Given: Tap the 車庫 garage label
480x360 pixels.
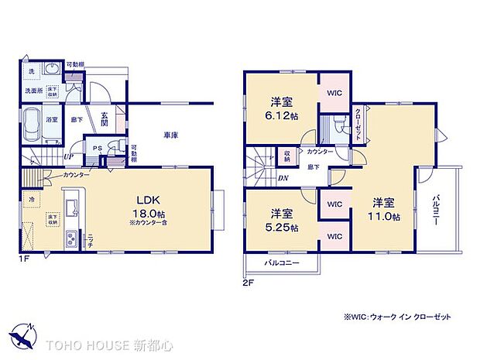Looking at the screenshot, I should point(171,135).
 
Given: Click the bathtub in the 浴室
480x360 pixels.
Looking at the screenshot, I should point(34,125).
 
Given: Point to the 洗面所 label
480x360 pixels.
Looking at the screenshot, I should point(30,91).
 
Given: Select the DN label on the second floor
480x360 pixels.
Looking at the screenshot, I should point(283,177).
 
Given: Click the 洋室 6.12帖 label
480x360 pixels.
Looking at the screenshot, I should point(282,108).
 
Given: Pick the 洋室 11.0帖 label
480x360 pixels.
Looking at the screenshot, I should point(385,209).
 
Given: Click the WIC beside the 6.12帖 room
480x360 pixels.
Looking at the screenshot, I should point(334,93).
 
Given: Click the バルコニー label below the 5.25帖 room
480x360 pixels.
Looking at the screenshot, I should point(281,264).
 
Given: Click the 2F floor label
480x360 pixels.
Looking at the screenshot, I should point(249,283).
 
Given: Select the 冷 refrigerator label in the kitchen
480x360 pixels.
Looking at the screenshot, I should point(33,199).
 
